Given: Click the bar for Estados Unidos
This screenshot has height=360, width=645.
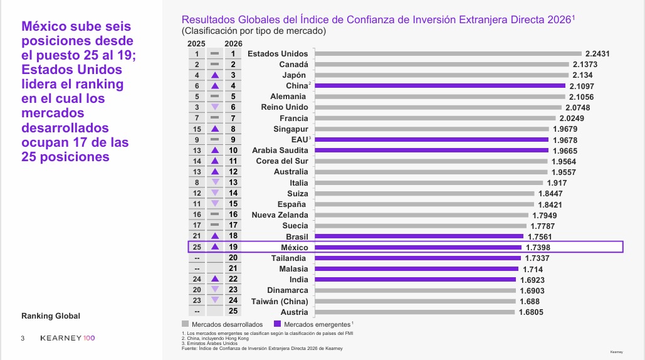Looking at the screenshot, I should tap(448, 53).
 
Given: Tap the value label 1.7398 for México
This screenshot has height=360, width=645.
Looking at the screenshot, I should tap(538, 248).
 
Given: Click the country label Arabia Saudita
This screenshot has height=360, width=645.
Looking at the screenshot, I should tap(280, 151).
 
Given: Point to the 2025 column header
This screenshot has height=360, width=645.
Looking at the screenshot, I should tap(197, 43).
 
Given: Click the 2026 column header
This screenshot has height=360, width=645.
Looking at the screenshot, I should tap(233, 43).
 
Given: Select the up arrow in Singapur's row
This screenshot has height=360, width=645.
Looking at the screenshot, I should tap(214, 129).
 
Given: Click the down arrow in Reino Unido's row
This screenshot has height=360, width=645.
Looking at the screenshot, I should tap(214, 107).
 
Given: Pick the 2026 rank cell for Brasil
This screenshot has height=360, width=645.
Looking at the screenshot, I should tap(233, 236).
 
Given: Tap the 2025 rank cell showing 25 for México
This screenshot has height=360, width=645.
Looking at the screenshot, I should tap(197, 247).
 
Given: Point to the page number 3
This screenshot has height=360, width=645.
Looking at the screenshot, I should tap(23, 339).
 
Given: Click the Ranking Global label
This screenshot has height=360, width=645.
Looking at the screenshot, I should tap(51, 316).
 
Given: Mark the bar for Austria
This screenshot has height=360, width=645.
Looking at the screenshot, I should tap(414, 312).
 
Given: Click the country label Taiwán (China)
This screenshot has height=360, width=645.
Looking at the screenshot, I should tap(280, 301).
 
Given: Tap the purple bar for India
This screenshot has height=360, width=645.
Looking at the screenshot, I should tap(415, 280).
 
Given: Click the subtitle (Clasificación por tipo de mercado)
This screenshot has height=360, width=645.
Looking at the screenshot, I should tap(254, 31).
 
